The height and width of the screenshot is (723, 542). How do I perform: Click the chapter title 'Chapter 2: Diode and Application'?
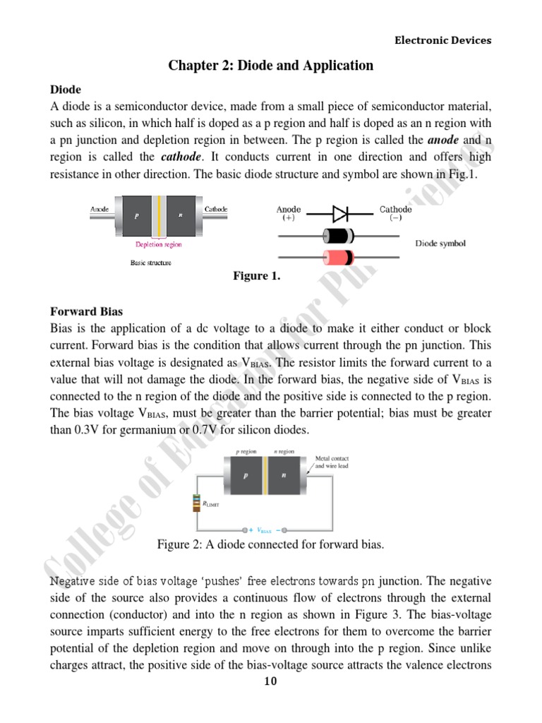point(270,66)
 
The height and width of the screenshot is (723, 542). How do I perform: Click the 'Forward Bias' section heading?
point(83,311)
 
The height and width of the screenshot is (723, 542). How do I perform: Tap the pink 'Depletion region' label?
point(158,244)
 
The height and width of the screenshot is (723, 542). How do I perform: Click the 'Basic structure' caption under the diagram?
point(150,263)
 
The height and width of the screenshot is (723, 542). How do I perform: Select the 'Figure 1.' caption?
point(256,276)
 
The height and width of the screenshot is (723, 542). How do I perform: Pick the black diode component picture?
point(337,236)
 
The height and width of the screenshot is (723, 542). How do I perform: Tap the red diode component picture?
point(337,256)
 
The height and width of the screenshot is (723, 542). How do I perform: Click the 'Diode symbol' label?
point(440,244)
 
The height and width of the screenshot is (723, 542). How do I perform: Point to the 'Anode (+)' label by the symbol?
point(289,213)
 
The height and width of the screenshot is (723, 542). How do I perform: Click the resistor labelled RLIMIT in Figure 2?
point(195,503)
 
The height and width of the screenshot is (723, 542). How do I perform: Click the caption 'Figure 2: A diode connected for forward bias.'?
point(270,546)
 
